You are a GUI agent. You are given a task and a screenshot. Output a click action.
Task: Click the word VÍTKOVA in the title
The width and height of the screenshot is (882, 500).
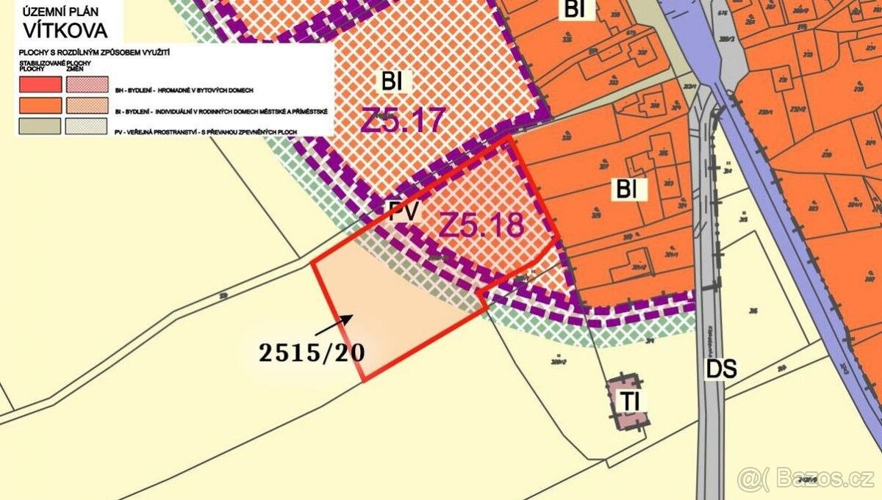click(x=65, y=31)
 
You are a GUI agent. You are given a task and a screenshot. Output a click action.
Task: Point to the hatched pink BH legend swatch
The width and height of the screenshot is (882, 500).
click(x=87, y=84)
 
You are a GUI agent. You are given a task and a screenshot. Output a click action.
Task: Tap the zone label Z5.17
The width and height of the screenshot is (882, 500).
click(x=403, y=119)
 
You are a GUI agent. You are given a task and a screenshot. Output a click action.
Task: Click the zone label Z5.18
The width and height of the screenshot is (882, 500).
click(x=481, y=224)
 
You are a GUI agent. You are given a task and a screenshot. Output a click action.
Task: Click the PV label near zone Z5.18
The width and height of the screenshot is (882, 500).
click(x=404, y=213)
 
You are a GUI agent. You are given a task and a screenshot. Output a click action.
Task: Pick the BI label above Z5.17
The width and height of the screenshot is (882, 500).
click(x=392, y=81)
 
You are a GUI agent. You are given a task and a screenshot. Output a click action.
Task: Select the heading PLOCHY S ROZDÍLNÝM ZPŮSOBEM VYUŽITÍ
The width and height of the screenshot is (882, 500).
click(x=91, y=56)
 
